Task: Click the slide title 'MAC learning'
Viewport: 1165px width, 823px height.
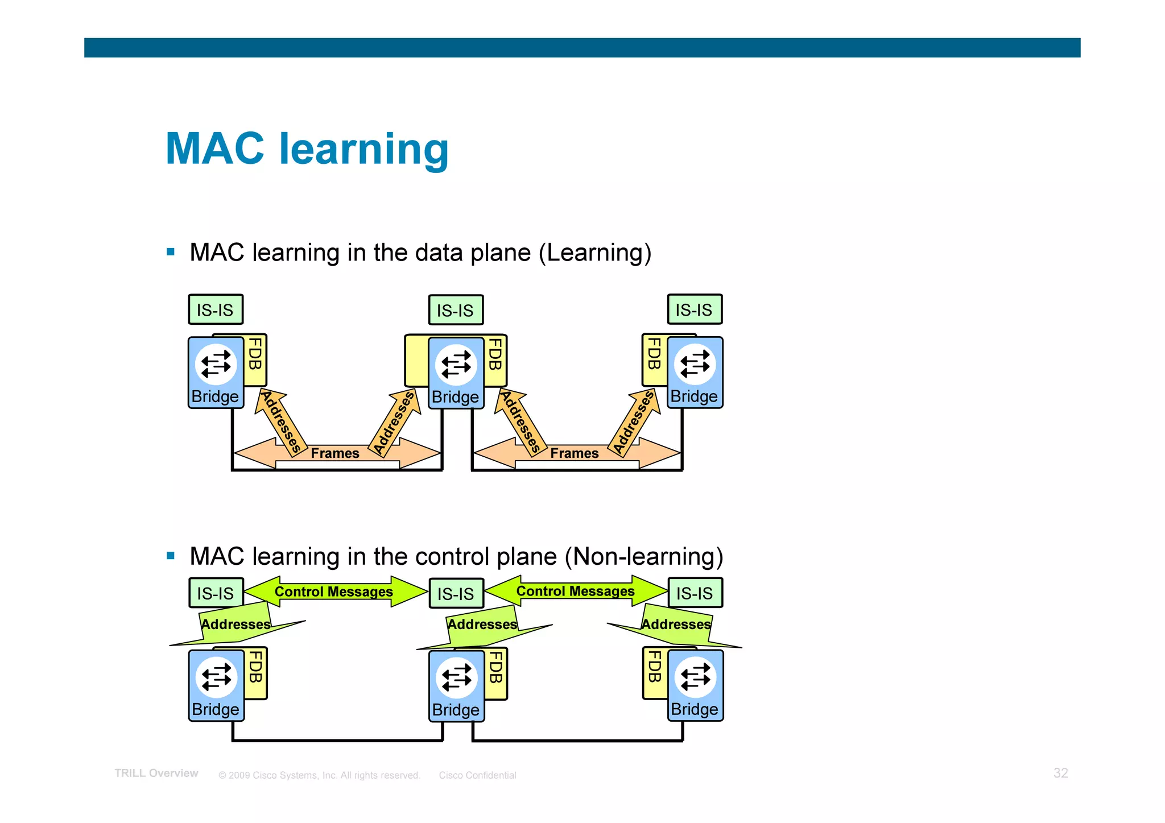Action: click(x=307, y=149)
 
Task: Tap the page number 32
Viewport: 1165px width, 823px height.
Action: click(x=1060, y=773)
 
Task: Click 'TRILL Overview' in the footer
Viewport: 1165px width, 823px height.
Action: click(x=156, y=773)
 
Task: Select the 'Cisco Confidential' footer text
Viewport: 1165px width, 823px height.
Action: click(x=477, y=775)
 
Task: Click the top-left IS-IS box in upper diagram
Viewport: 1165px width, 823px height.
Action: click(x=216, y=309)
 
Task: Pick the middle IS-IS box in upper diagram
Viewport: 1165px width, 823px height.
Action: click(x=456, y=310)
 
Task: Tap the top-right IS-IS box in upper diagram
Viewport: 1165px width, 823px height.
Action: click(x=695, y=309)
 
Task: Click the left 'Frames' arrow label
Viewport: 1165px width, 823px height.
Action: click(x=335, y=453)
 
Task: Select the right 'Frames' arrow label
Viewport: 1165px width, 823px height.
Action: click(x=575, y=453)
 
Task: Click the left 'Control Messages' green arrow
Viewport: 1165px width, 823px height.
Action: click(x=334, y=592)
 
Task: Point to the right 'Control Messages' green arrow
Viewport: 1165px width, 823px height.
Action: click(x=575, y=591)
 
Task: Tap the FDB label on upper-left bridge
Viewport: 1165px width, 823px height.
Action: click(x=256, y=354)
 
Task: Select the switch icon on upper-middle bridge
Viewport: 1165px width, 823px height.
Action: click(x=456, y=364)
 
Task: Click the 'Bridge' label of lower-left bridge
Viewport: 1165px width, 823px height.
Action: click(x=216, y=709)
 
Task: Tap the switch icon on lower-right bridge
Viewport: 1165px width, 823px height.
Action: click(x=695, y=677)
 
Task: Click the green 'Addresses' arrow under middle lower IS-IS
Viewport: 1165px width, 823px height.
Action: click(x=482, y=625)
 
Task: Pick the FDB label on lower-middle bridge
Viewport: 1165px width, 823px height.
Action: click(x=496, y=668)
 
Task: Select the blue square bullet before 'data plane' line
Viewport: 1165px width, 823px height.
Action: click(x=171, y=252)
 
